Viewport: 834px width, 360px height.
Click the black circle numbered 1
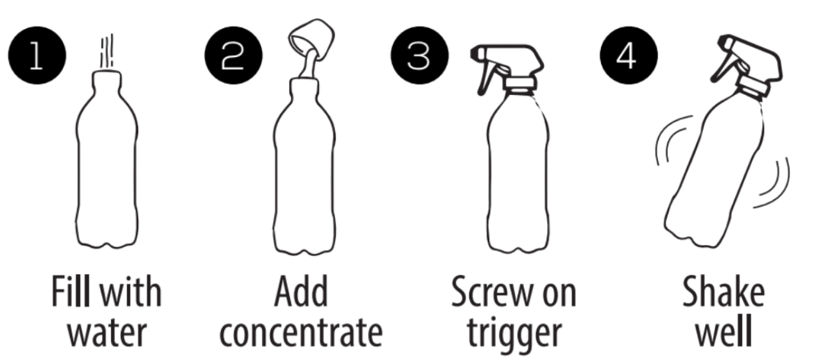tap(37, 55)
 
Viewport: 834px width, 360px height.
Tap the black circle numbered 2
tap(234, 55)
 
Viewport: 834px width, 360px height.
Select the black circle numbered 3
tap(420, 55)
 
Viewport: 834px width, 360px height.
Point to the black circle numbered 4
tap(629, 55)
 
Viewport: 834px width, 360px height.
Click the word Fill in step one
tap(71, 292)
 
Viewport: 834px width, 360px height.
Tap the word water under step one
tap(107, 332)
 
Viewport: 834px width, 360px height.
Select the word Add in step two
tap(301, 292)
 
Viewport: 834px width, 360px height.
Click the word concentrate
tap(301, 332)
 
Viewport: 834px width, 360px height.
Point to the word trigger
tap(514, 334)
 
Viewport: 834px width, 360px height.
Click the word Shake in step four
tap(724, 292)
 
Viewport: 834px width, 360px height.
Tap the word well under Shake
tap(724, 330)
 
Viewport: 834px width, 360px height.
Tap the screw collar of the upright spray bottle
tap(520, 85)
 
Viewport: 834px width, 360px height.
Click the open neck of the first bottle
tap(107, 79)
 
